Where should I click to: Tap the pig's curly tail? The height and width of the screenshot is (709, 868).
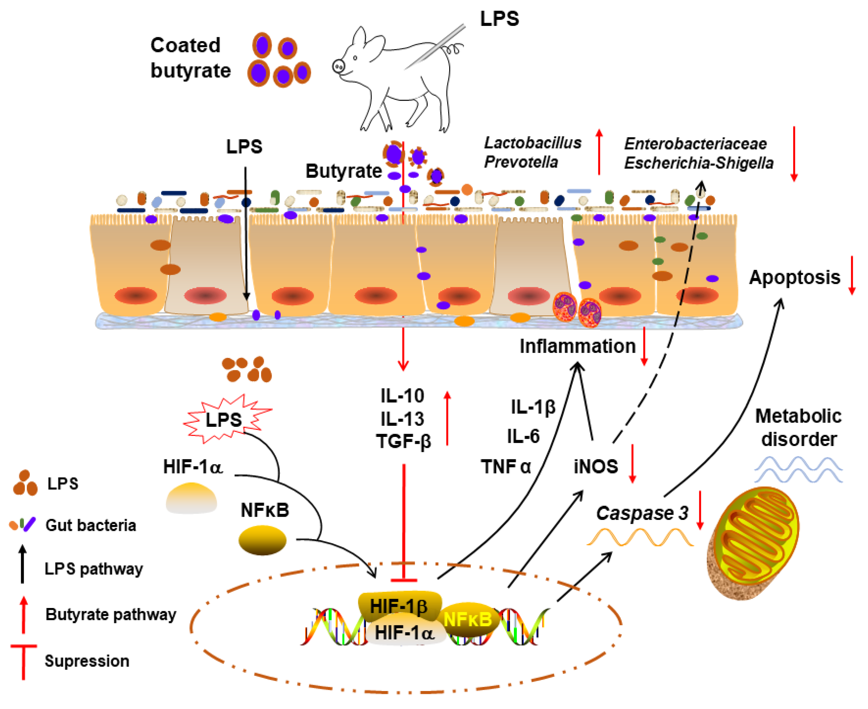point(455,49)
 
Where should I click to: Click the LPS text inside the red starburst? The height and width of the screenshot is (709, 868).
point(224,420)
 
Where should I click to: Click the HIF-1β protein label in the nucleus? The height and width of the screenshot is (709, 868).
point(398,606)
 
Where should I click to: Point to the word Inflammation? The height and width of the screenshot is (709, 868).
point(577,346)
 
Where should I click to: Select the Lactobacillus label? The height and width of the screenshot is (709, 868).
point(533,143)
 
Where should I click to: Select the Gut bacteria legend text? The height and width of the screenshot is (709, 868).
point(91,525)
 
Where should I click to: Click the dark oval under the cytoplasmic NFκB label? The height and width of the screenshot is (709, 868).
point(262,540)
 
